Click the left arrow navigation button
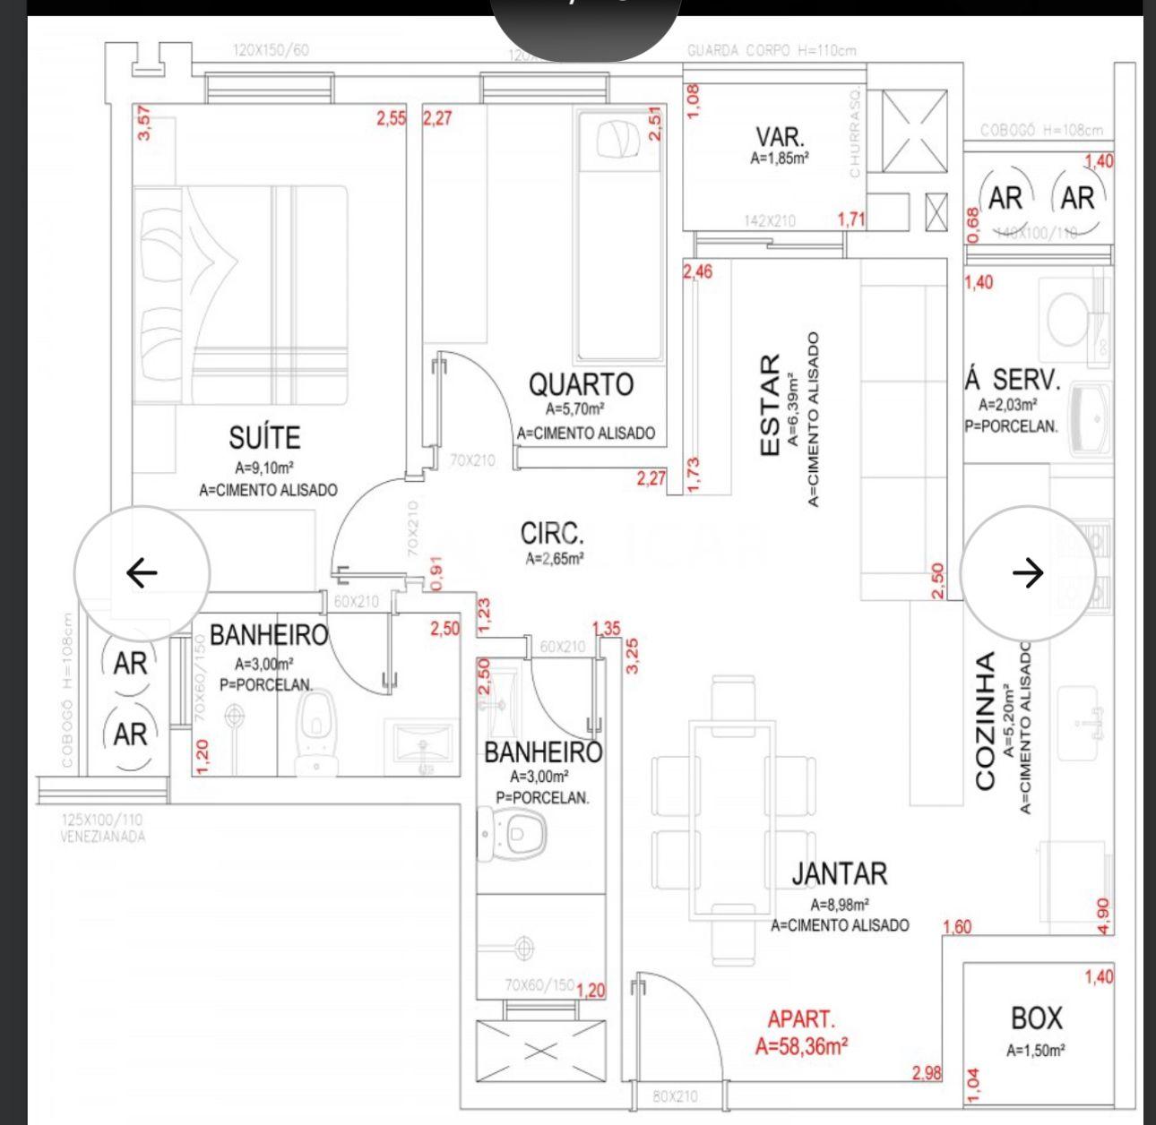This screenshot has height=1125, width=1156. point(142,572)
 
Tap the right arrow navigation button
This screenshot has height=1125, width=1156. point(1029,572)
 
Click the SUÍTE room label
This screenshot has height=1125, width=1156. point(264,438)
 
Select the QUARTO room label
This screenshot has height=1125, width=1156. point(581,385)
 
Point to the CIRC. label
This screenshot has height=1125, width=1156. point(553,535)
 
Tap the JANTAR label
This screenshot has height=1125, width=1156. point(840,873)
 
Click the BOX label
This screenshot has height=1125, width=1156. point(1036,1018)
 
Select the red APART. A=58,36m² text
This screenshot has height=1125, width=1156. point(802,1033)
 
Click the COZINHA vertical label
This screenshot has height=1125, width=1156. point(985,721)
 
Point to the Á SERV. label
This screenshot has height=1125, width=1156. point(1013,380)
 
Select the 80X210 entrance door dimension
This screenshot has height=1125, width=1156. point(675,1096)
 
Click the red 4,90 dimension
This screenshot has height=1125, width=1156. point(1103,915)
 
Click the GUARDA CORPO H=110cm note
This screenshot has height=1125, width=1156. point(772,50)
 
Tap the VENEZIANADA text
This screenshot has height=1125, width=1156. point(102,837)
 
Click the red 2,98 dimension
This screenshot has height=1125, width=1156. point(927,1073)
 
